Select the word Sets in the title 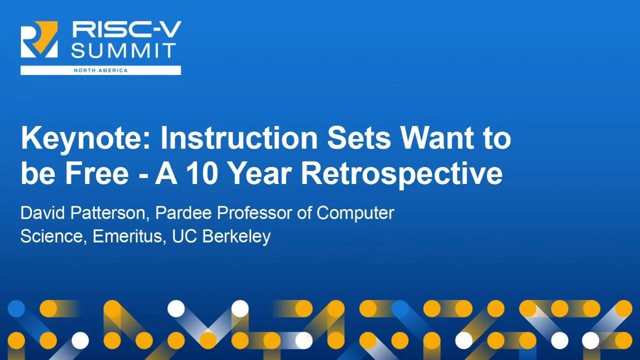[359, 138]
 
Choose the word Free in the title [97, 173]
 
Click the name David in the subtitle [43, 213]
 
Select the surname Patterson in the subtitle [110, 213]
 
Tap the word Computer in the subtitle [355, 213]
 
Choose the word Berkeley [236, 237]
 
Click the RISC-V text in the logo [127, 29]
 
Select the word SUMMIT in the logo [123, 50]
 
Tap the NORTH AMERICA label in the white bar [100, 70]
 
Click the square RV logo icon [39, 39]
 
